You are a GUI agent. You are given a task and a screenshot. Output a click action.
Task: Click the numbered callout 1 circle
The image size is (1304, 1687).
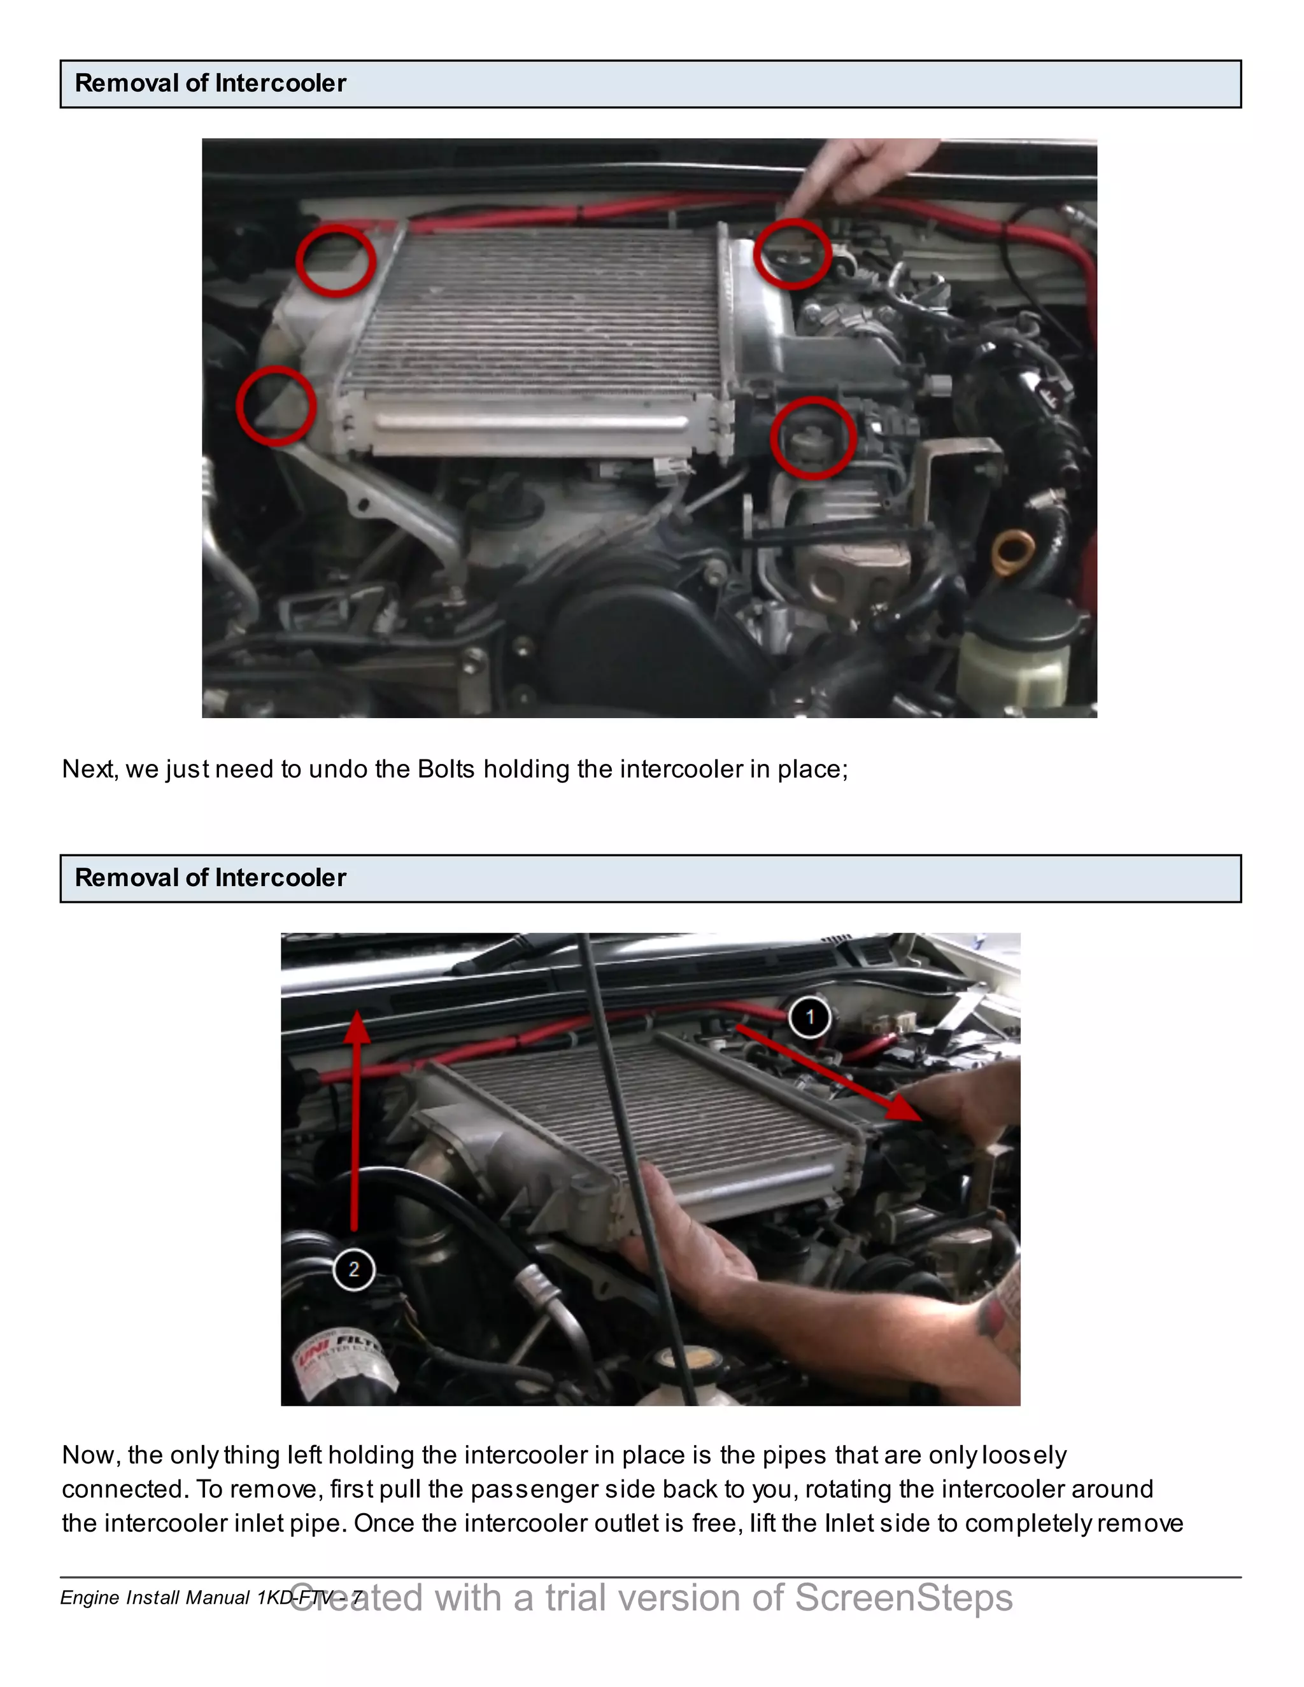click(x=810, y=1017)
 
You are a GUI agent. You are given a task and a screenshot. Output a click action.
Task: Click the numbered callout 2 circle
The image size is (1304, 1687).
click(x=354, y=1269)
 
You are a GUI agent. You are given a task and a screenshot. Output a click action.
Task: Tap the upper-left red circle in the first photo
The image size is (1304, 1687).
click(x=336, y=261)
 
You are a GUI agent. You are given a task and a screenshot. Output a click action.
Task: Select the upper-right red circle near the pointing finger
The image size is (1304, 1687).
click(x=793, y=253)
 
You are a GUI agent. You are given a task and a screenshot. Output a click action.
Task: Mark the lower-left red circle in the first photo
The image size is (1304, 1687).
click(x=276, y=406)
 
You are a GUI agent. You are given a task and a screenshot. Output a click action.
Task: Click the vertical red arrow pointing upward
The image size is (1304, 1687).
click(x=355, y=1120)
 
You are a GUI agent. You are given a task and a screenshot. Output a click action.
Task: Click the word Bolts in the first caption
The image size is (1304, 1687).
click(x=446, y=770)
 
